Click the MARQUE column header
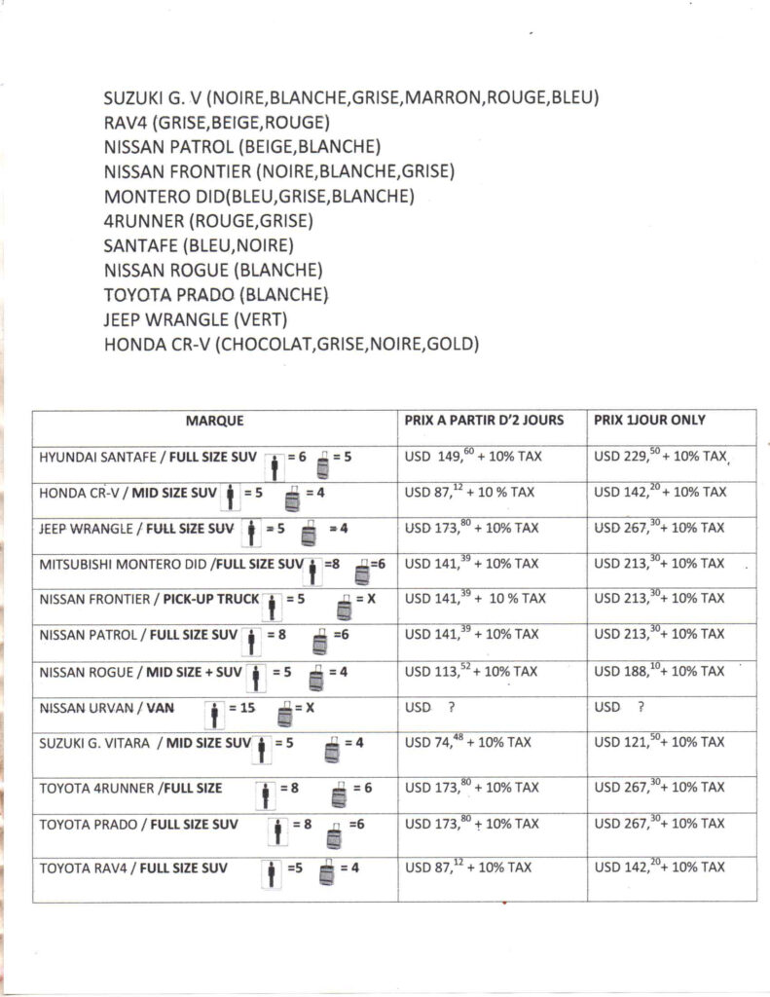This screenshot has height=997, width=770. (214, 421)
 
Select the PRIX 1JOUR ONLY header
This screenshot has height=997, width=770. (649, 421)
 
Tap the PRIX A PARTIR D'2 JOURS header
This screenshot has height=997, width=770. (484, 421)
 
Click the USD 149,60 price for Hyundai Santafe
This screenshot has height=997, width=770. (467, 456)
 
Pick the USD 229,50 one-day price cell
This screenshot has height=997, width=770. (662, 456)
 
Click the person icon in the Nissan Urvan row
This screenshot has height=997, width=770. (213, 717)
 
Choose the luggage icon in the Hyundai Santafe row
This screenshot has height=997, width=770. (323, 465)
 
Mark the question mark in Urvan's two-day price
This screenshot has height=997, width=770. (452, 706)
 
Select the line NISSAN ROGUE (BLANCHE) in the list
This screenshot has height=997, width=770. (212, 269)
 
